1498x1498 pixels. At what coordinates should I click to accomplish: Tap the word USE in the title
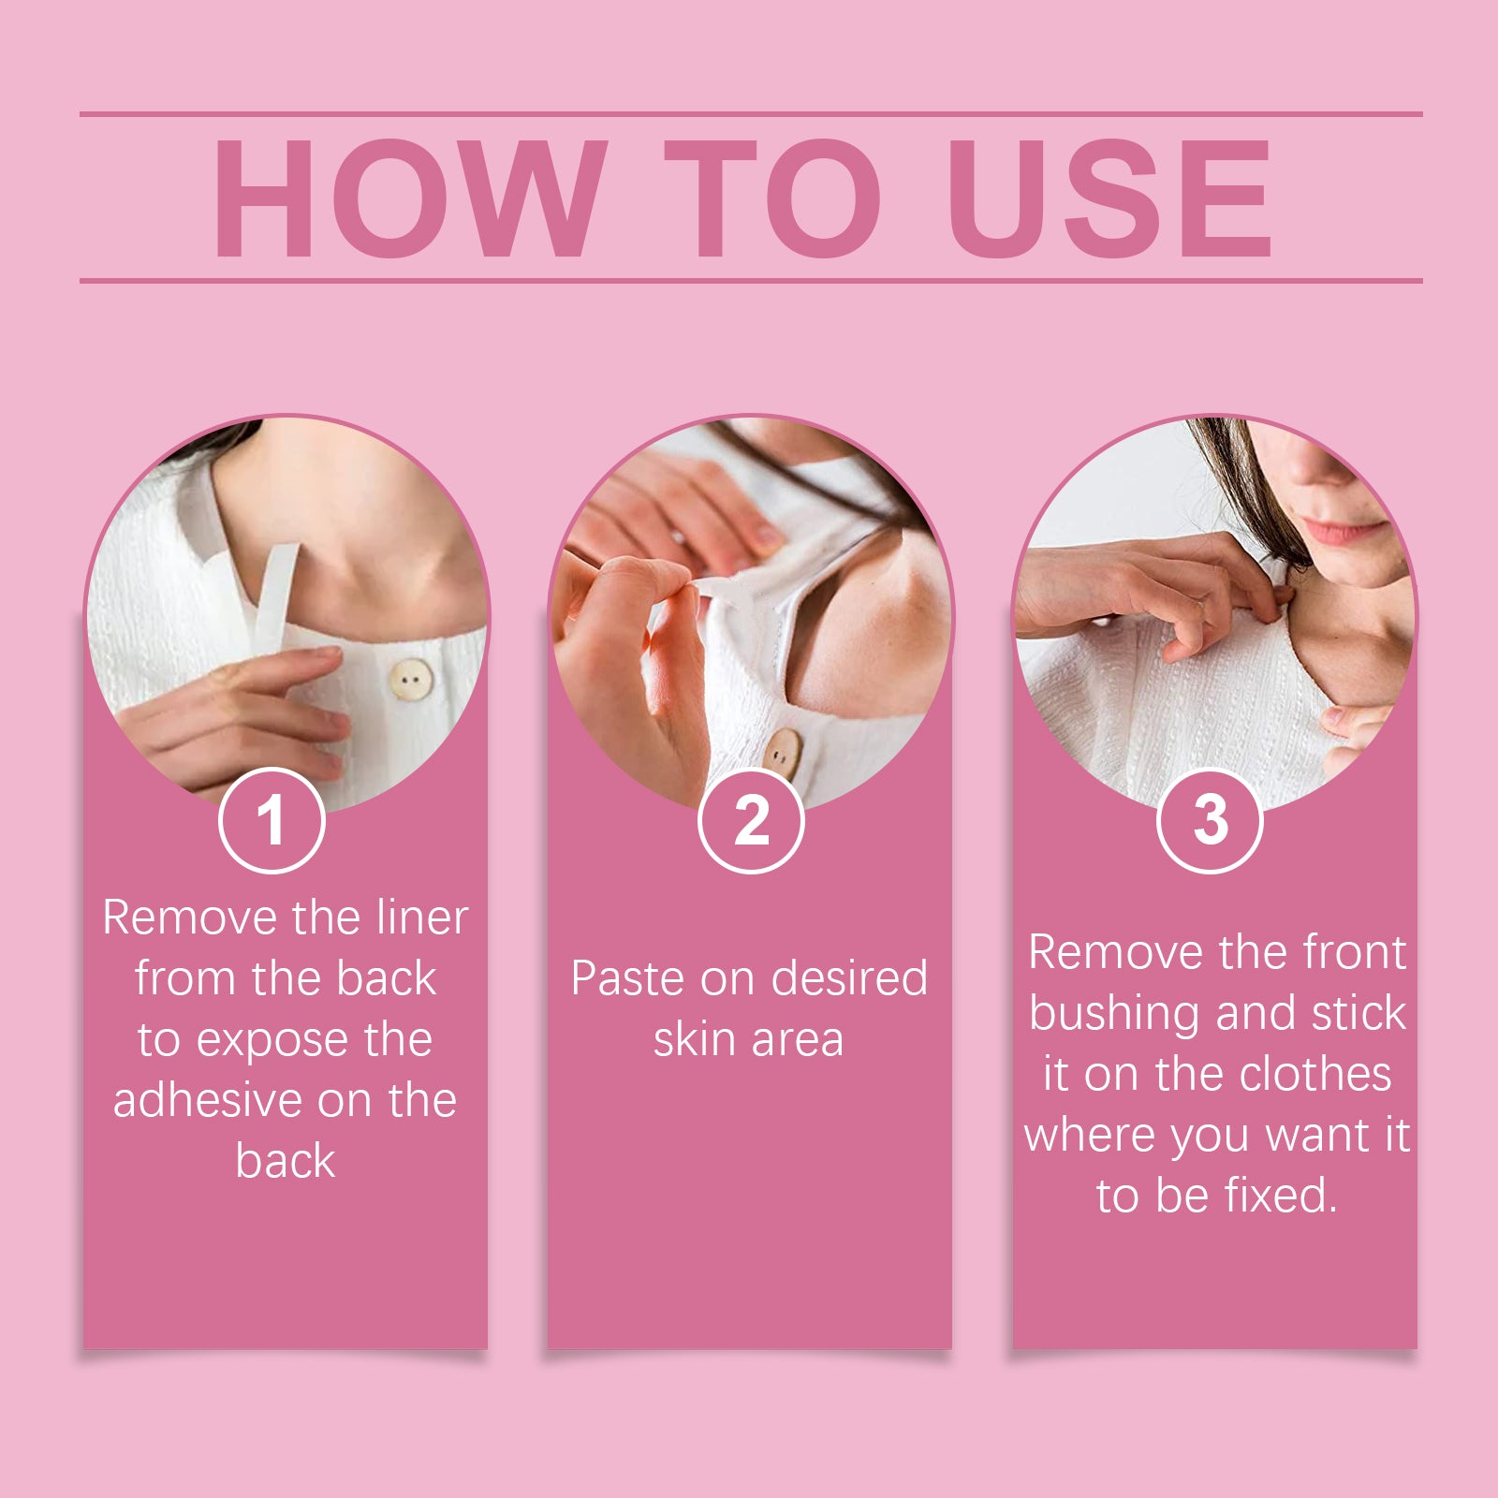click(x=1109, y=198)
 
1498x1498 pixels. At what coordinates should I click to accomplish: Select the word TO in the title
click(x=772, y=198)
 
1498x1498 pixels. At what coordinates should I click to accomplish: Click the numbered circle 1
click(x=272, y=820)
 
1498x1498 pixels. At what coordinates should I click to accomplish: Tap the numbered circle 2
click(x=751, y=820)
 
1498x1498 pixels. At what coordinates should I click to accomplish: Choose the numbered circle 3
click(x=1210, y=820)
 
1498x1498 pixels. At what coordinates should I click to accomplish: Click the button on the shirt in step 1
click(x=411, y=680)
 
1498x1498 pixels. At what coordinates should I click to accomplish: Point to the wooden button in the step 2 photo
click(x=783, y=755)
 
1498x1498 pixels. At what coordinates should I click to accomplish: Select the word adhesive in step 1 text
click(x=208, y=1100)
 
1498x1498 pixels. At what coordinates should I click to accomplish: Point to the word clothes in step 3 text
click(x=1314, y=1074)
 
